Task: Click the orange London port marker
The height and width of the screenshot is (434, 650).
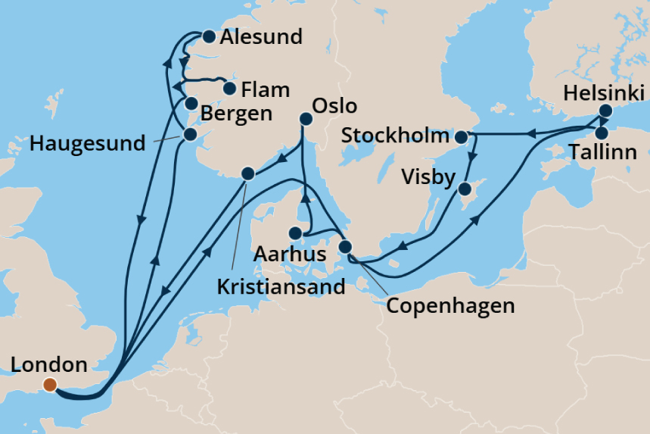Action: click(x=50, y=385)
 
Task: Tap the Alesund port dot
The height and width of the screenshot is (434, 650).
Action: click(x=208, y=36)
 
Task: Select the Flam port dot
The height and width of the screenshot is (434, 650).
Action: click(x=230, y=89)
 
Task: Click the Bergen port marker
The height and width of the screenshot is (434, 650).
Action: click(x=191, y=104)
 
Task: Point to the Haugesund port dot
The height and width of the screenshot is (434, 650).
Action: click(x=189, y=134)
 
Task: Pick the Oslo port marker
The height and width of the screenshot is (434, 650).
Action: click(x=306, y=118)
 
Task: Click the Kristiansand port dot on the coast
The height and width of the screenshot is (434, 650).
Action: click(x=247, y=173)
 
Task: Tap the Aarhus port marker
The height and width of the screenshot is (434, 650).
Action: click(x=297, y=233)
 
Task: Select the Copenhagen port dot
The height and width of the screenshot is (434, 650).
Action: click(x=345, y=247)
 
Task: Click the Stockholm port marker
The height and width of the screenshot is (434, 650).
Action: click(x=461, y=137)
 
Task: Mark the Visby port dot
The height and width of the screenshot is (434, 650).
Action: click(x=467, y=189)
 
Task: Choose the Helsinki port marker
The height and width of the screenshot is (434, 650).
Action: click(x=605, y=111)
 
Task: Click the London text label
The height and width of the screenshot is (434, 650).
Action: click(x=50, y=364)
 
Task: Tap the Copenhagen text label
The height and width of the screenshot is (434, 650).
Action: click(x=450, y=306)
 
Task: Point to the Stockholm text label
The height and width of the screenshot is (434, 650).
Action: click(x=395, y=136)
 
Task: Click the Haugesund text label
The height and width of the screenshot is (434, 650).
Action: click(x=87, y=143)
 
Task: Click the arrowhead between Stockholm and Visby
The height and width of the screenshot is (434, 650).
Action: click(x=473, y=158)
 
